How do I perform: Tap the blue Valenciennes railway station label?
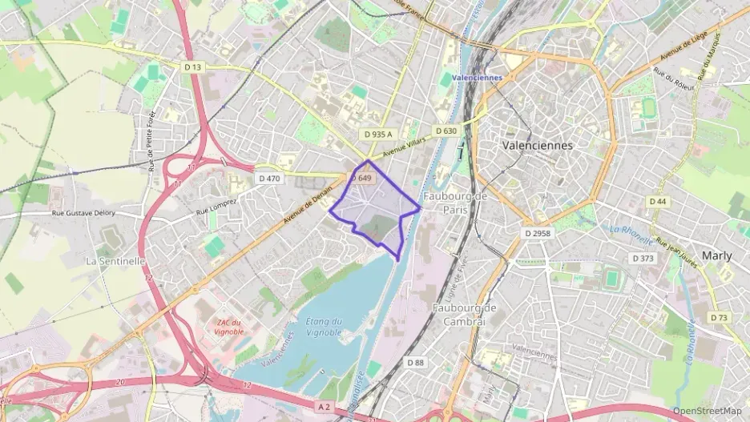coord(477,78)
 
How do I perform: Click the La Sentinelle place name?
coord(115,261)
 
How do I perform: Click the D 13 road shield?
coord(193,68)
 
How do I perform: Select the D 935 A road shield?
coord(376,135)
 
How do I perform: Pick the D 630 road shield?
coord(446,131)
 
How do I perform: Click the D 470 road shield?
coord(269,179)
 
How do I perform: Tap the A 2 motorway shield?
coord(324,407)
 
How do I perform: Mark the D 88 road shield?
coord(414,363)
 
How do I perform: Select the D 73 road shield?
coord(719,318)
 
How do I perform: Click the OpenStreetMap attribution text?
coord(706,411)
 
